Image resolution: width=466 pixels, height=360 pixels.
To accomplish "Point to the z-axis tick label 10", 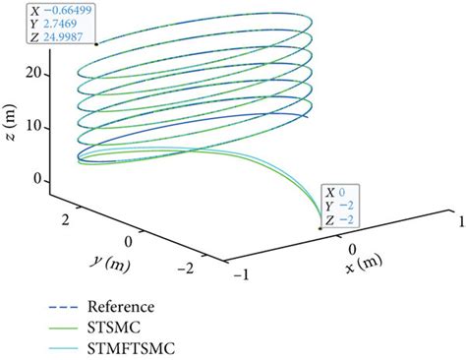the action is [34, 126].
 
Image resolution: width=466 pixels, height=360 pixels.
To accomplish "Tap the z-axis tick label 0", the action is [38, 180].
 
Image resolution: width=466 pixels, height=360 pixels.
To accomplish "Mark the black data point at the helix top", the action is [95, 43].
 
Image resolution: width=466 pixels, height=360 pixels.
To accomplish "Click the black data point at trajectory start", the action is [321, 227].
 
